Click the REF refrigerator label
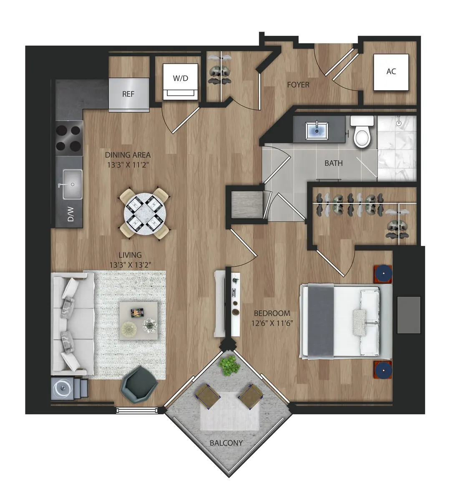tap(128, 94)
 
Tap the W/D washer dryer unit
tap(181, 82)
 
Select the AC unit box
tap(391, 72)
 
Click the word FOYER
tap(298, 85)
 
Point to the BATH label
tap(334, 163)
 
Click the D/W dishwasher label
tap(71, 216)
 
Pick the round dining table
tap(144, 213)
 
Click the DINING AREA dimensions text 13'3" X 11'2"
tap(128, 165)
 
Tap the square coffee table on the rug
tap(138, 319)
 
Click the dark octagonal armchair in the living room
tap(139, 386)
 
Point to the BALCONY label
tap(226, 443)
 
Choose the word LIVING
tap(130, 255)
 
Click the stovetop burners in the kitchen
tap(69, 138)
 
